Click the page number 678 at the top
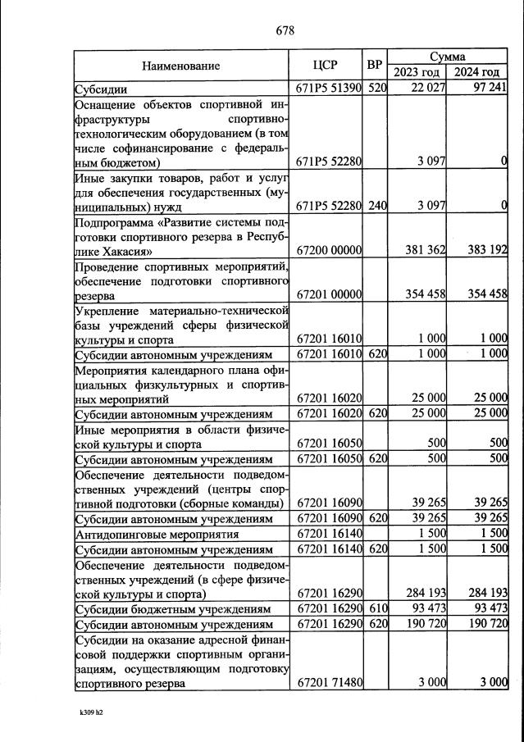click(285, 31)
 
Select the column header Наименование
click(180, 66)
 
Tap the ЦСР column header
click(326, 66)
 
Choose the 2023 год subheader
click(417, 73)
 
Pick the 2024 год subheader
click(477, 73)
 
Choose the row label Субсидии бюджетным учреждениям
click(172, 608)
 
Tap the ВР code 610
click(376, 608)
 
